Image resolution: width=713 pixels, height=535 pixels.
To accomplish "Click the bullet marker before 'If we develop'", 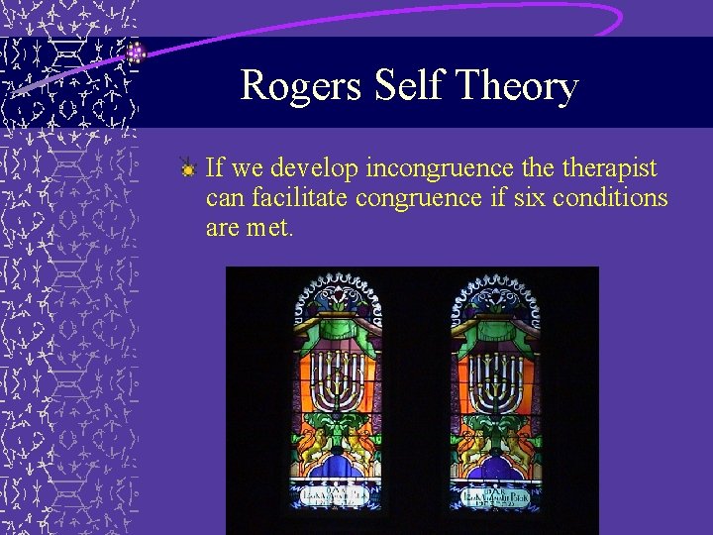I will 187,168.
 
